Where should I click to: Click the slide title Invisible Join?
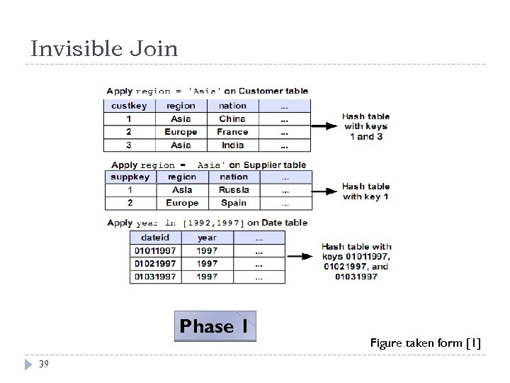(104, 49)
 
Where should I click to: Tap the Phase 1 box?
(215, 326)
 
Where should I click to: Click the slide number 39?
(44, 364)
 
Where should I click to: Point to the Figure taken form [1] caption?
(425, 343)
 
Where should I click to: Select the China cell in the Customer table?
(232, 118)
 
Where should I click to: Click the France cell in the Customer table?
(232, 132)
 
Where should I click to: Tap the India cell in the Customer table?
(232, 145)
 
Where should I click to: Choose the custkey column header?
(129, 106)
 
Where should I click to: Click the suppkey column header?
(130, 177)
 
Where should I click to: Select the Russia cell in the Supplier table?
(234, 190)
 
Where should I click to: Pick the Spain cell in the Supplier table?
(234, 203)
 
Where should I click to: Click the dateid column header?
(155, 238)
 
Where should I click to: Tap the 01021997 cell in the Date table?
(155, 264)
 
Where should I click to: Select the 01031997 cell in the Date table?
(155, 277)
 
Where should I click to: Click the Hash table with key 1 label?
(365, 191)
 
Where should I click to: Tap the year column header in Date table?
(208, 238)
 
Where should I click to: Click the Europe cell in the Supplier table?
(182, 203)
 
